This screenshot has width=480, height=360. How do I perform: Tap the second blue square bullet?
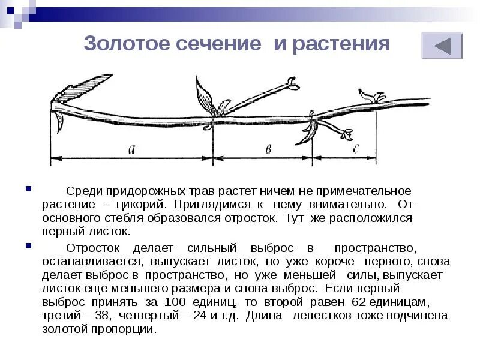coord(28,245)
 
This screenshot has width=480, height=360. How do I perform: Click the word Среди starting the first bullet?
coord(83,191)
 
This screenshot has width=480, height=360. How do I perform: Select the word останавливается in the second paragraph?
coord(92,262)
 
